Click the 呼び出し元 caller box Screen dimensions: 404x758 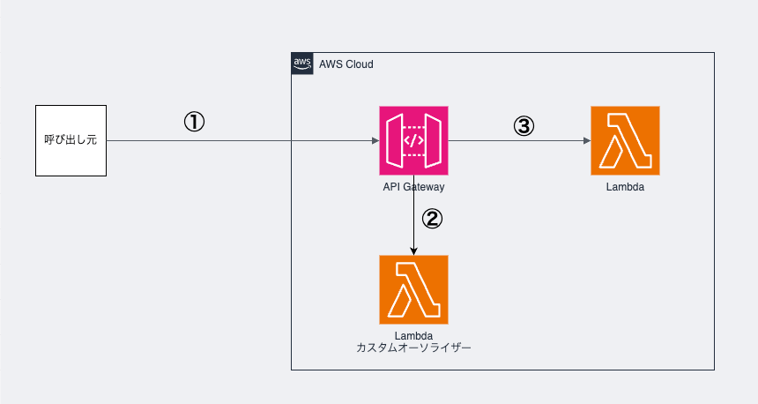click(x=71, y=140)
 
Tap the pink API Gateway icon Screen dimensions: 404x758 click(x=413, y=140)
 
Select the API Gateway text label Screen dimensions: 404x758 click(x=413, y=186)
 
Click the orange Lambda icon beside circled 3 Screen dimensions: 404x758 click(x=625, y=140)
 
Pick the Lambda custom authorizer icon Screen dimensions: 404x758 click(x=413, y=289)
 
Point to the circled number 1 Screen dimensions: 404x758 click(x=194, y=123)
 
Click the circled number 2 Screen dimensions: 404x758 click(x=432, y=219)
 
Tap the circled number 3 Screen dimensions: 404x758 click(x=524, y=126)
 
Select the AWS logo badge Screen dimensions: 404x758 click(x=302, y=64)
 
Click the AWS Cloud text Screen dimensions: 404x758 click(x=347, y=64)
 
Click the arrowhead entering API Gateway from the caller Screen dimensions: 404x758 click(x=375, y=140)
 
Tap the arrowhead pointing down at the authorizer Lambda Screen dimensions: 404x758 click(x=413, y=251)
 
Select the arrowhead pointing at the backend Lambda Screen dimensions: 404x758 click(x=586, y=140)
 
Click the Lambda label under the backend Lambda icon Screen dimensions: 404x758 click(x=625, y=186)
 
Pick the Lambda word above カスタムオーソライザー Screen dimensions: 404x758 click(x=413, y=336)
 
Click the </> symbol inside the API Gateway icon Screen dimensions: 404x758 click(x=413, y=140)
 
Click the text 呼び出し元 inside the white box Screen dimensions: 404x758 click(x=71, y=140)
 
